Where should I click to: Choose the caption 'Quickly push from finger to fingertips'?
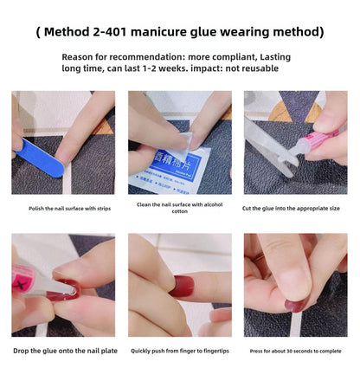tap(179, 351)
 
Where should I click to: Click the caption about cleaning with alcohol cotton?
tap(179, 209)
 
